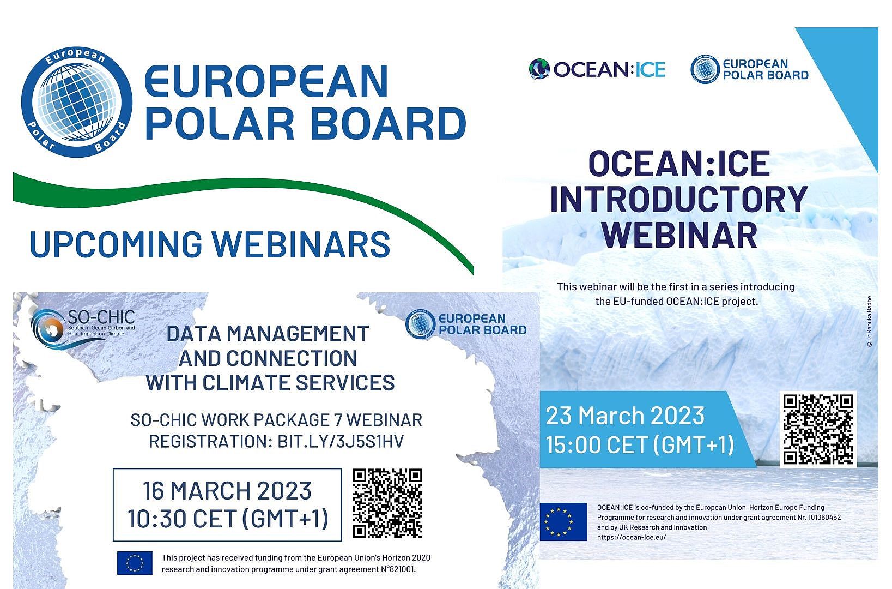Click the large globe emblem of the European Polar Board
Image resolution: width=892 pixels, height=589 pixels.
76,101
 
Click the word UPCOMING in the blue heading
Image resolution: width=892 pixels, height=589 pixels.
116,244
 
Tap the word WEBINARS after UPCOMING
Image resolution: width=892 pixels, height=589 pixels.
301,244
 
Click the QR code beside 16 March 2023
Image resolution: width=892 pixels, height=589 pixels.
387,503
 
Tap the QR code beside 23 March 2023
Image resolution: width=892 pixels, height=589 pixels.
818,429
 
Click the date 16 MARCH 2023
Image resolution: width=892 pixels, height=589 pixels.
227,491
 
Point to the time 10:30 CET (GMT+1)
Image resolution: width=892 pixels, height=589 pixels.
228,519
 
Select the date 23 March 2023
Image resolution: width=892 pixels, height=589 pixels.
625,416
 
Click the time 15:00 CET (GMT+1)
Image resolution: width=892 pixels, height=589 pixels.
640,444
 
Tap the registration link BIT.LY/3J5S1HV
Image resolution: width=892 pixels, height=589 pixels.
341,442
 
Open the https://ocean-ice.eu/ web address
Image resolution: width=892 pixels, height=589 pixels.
631,537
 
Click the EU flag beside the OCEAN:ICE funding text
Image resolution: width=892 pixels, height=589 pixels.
563,522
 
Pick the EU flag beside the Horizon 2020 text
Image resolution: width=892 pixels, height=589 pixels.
135,563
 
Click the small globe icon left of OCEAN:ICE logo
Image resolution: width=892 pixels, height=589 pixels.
539,69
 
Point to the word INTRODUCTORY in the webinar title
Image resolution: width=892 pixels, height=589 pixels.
678,199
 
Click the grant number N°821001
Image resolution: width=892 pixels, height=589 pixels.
398,569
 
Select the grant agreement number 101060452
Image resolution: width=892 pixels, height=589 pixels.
824,517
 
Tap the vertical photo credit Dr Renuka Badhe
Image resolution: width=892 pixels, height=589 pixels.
869,321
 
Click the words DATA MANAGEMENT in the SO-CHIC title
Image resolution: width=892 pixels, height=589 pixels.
268,334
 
